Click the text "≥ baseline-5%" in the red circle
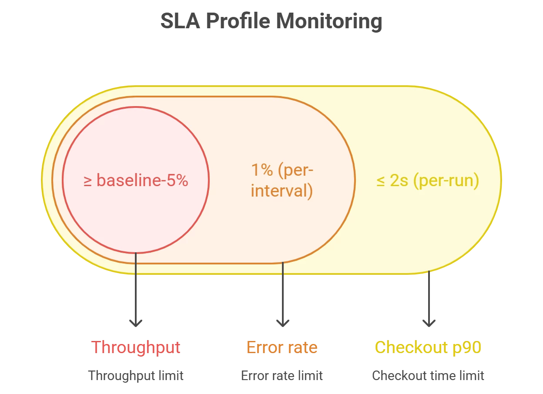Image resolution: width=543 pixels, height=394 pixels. coord(136,180)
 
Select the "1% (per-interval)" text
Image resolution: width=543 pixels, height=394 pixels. coord(282,180)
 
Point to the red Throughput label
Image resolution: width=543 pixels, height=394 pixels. coord(136,347)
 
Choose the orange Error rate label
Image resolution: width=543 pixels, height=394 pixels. coord(282,347)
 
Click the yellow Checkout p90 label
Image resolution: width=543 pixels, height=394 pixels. coord(429,347)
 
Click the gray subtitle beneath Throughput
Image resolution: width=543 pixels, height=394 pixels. coord(136,375)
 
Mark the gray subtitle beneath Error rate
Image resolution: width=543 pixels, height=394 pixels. coord(282,375)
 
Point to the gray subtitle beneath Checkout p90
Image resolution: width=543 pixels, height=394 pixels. coord(429,375)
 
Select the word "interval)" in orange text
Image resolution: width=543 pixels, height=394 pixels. coord(282,191)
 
